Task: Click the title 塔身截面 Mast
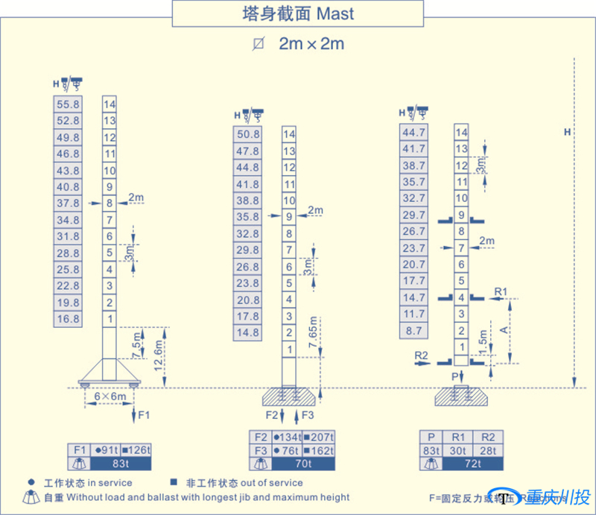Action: tap(297, 14)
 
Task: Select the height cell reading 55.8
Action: tap(68, 104)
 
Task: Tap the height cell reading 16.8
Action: tap(68, 319)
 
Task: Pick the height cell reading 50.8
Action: tap(247, 135)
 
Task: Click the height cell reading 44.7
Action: tap(413, 133)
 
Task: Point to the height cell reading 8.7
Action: tap(413, 329)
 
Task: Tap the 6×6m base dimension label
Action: tap(110, 396)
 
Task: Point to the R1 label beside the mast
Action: tap(501, 290)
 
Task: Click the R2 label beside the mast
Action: tap(422, 356)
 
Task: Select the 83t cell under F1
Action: tap(120, 464)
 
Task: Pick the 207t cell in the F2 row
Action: tap(318, 437)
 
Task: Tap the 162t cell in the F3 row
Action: tap(318, 450)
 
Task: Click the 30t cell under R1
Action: tap(457, 450)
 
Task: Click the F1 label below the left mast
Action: tap(143, 414)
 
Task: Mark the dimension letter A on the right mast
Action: tap(506, 329)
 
